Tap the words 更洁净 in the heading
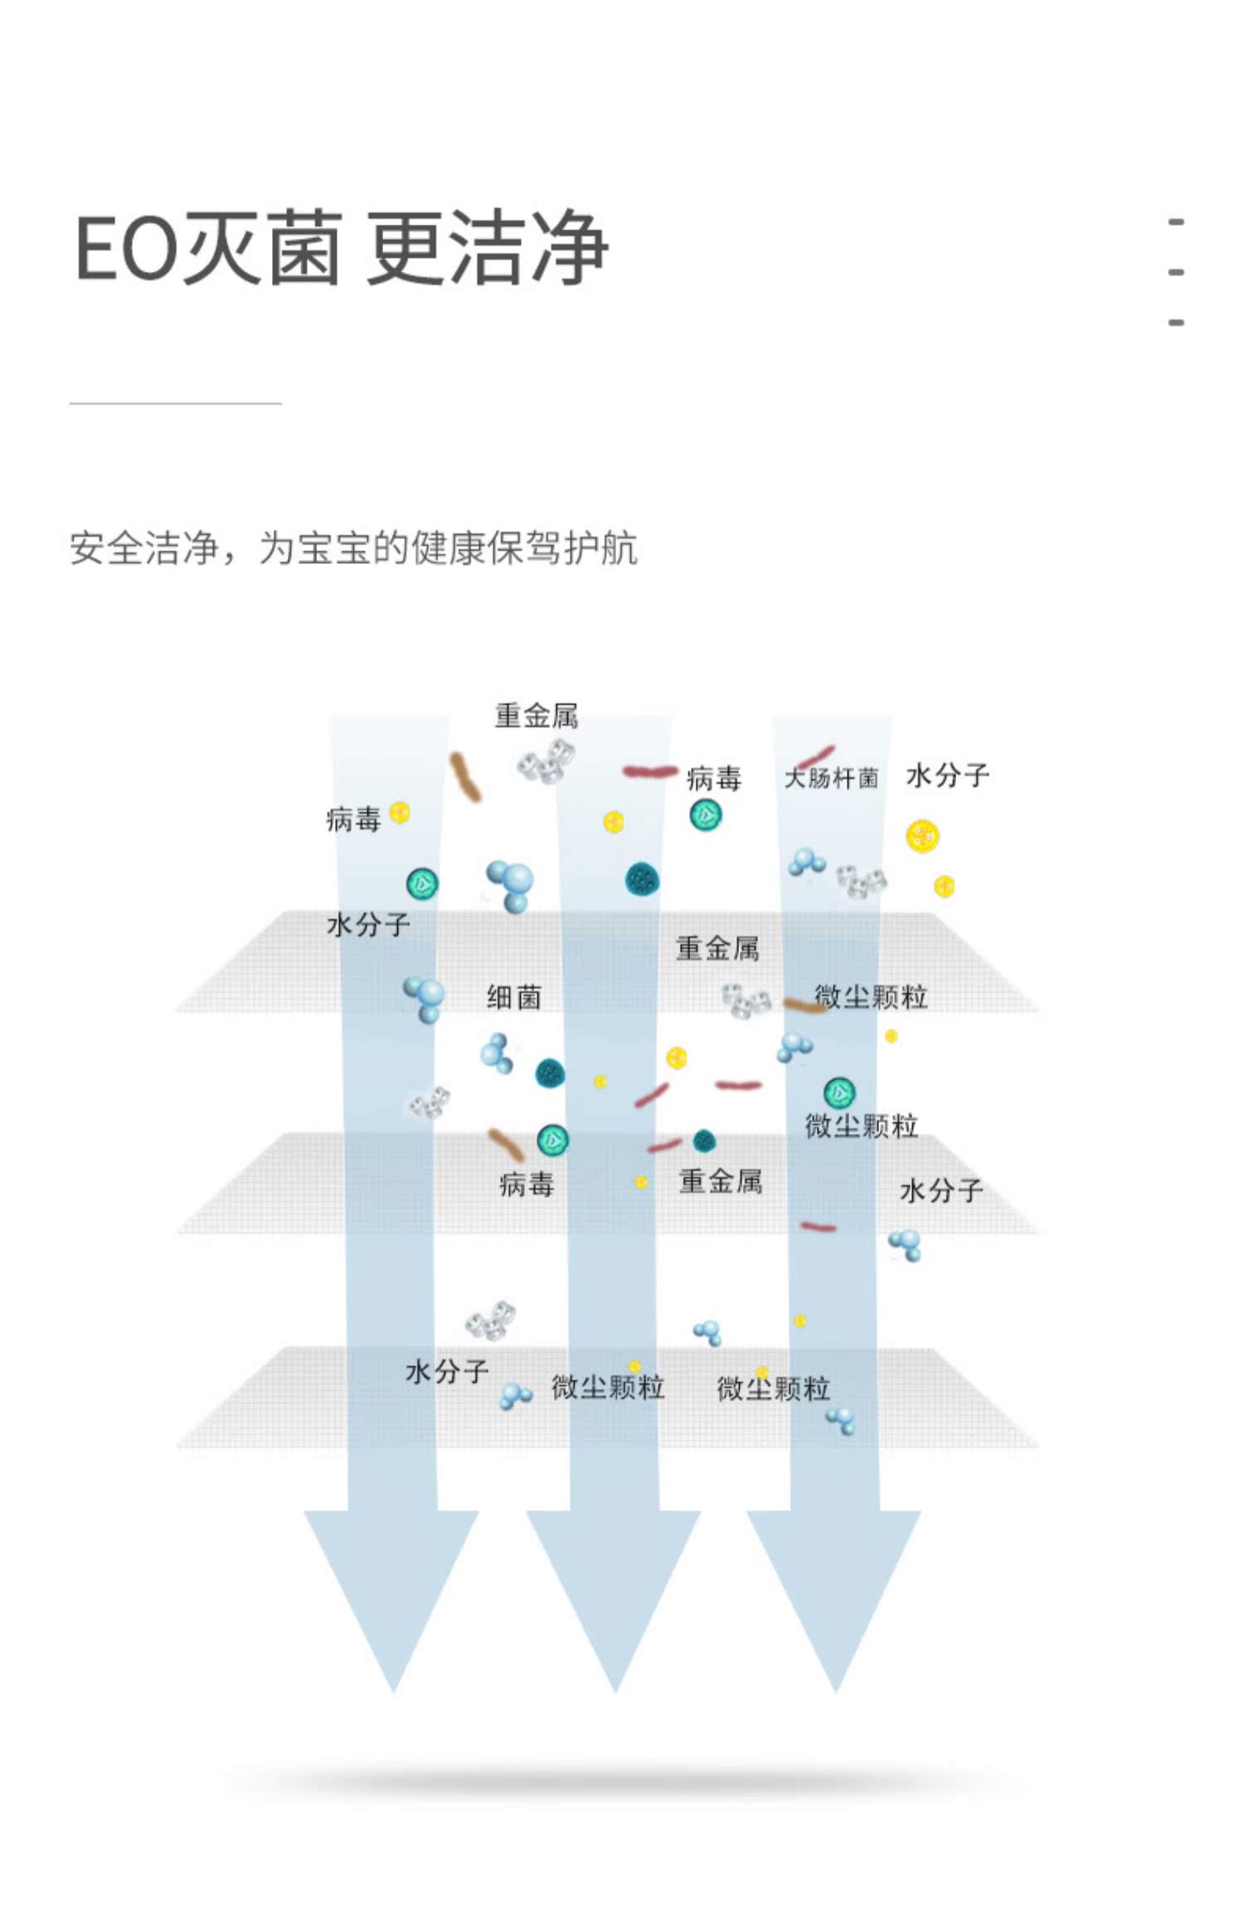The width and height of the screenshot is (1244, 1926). pyautogui.click(x=487, y=248)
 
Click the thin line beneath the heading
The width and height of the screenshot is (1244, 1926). pyautogui.click(x=175, y=403)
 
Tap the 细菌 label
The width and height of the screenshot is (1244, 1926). pyautogui.click(x=514, y=997)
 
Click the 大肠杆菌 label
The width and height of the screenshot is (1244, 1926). pyautogui.click(x=831, y=778)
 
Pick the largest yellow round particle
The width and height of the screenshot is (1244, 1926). pyautogui.click(x=922, y=837)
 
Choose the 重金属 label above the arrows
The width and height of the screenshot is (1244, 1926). pyautogui.click(x=537, y=716)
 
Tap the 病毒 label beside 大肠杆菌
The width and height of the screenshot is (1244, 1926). pyautogui.click(x=714, y=779)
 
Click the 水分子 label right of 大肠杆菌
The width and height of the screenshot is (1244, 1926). pyautogui.click(x=948, y=776)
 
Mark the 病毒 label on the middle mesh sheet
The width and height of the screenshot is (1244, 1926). pyautogui.click(x=527, y=1184)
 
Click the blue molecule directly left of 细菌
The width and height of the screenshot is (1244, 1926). pyautogui.click(x=425, y=999)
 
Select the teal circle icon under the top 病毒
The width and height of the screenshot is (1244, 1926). pyautogui.click(x=706, y=815)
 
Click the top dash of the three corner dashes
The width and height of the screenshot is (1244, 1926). pyautogui.click(x=1175, y=222)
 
